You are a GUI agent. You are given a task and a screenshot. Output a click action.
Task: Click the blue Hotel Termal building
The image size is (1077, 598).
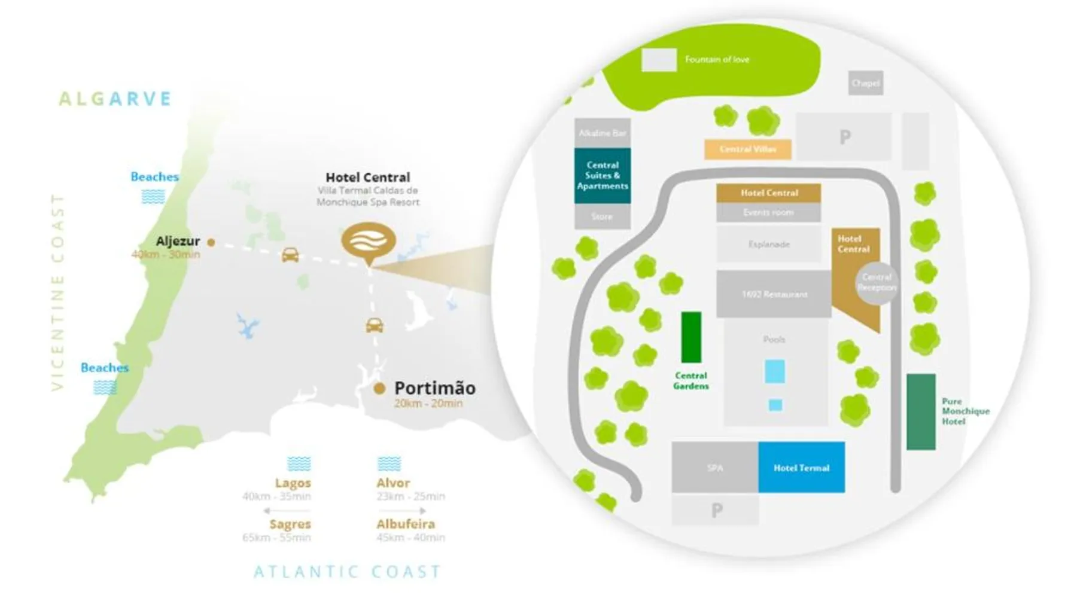[x=801, y=467]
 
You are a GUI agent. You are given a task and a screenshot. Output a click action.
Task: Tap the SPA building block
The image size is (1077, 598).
[x=714, y=467]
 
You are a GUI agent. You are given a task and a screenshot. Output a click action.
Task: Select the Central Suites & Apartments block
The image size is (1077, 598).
[x=602, y=175]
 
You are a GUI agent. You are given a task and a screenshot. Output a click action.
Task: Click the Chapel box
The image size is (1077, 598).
[x=865, y=83]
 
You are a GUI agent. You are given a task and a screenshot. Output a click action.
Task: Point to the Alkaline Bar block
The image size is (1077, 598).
[x=602, y=133]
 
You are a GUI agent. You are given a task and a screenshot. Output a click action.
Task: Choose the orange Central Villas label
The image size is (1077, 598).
[x=747, y=149]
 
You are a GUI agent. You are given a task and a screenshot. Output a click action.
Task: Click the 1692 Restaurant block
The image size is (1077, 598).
[x=774, y=294]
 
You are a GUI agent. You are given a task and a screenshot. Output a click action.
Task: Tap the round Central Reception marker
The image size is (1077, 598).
[x=877, y=282]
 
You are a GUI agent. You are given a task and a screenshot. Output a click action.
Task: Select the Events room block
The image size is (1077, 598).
[x=768, y=212]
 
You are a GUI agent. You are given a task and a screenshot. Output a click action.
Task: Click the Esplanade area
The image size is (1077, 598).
[x=769, y=244]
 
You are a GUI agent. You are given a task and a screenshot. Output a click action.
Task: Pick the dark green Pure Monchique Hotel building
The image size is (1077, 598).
[x=920, y=411]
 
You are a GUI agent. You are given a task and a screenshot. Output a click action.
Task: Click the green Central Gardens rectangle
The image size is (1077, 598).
[x=691, y=337]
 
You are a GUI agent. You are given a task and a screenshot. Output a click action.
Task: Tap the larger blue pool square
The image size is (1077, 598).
[x=774, y=371]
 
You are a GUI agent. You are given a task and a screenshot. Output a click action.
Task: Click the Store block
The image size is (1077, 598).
[x=602, y=216]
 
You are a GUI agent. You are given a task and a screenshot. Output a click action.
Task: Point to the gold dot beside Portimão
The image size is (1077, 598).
[x=379, y=389]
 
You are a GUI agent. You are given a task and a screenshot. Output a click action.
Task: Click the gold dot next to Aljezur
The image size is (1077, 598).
[x=211, y=242]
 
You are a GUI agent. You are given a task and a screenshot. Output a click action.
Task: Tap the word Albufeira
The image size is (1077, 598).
[x=405, y=524]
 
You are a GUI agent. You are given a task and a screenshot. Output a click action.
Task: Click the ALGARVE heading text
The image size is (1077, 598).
[x=115, y=99]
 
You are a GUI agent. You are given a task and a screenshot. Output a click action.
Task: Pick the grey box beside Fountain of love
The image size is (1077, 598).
[x=659, y=60]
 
